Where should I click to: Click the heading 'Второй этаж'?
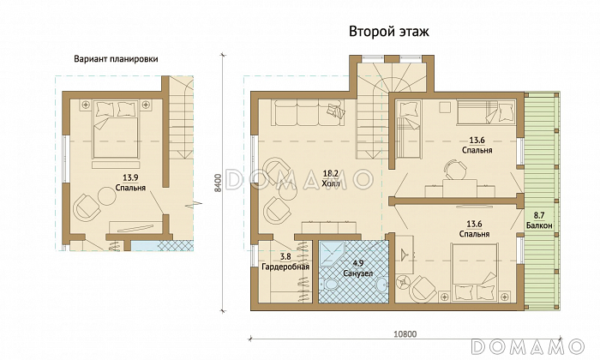389,32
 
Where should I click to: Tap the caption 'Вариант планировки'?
116,59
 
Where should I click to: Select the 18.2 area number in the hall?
331,174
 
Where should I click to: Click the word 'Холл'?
331,183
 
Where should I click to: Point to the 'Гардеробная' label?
285,267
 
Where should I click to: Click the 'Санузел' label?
357,273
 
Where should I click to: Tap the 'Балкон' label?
539,225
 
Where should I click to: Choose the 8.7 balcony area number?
539,216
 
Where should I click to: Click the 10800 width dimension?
405,334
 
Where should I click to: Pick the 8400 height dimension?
218,183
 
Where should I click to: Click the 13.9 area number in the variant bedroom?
130,177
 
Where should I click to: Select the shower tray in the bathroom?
332,253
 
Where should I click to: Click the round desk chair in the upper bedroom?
455,170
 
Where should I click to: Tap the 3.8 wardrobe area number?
285,257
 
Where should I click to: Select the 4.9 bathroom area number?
357,264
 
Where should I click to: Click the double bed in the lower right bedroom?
475,272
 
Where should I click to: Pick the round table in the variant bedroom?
107,196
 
